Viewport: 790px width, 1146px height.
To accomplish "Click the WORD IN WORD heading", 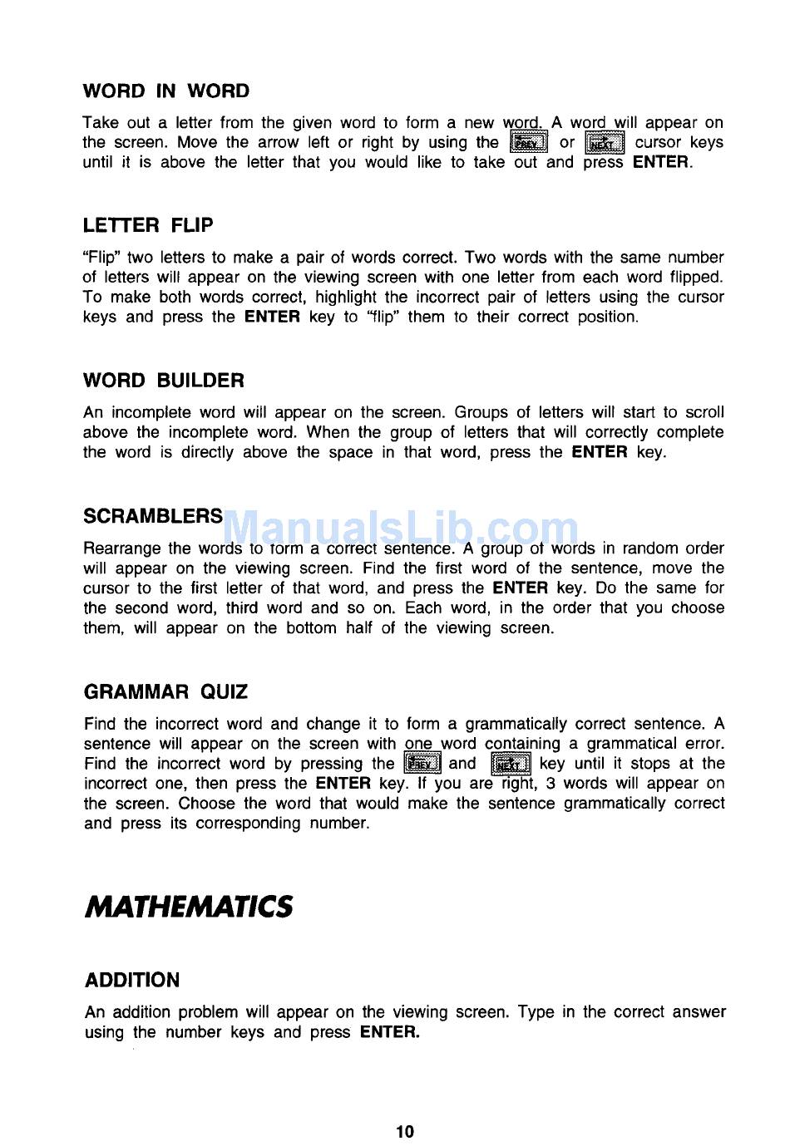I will pos(165,91).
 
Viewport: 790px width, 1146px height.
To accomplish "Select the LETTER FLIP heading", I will pos(148,225).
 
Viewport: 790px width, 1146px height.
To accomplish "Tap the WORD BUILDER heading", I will pos(164,381).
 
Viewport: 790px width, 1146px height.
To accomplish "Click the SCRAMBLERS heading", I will pos(153,516).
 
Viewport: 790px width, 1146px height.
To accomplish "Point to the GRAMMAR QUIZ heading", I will pos(165,692).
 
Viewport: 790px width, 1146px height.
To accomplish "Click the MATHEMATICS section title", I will pos(189,906).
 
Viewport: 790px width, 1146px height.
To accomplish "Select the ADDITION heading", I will pos(132,981).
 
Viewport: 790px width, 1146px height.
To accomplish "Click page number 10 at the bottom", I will pos(405,1131).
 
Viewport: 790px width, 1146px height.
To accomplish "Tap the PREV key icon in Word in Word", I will pos(528,143).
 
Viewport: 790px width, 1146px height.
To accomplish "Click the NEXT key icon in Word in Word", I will pos(605,143).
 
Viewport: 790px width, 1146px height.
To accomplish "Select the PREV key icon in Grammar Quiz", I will pos(422,764).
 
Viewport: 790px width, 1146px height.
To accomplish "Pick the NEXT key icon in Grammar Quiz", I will pos(511,764).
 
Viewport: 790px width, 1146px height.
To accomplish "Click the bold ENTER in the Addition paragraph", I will pos(390,1033).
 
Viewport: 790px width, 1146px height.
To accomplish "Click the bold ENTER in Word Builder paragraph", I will pos(600,453).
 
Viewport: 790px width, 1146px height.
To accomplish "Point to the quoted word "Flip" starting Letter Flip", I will pos(101,258).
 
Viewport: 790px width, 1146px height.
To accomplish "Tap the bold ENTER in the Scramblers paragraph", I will pos(521,588).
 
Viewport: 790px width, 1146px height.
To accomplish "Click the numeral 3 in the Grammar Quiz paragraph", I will pos(551,784).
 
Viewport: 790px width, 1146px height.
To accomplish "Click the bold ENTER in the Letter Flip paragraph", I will pos(272,317).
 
